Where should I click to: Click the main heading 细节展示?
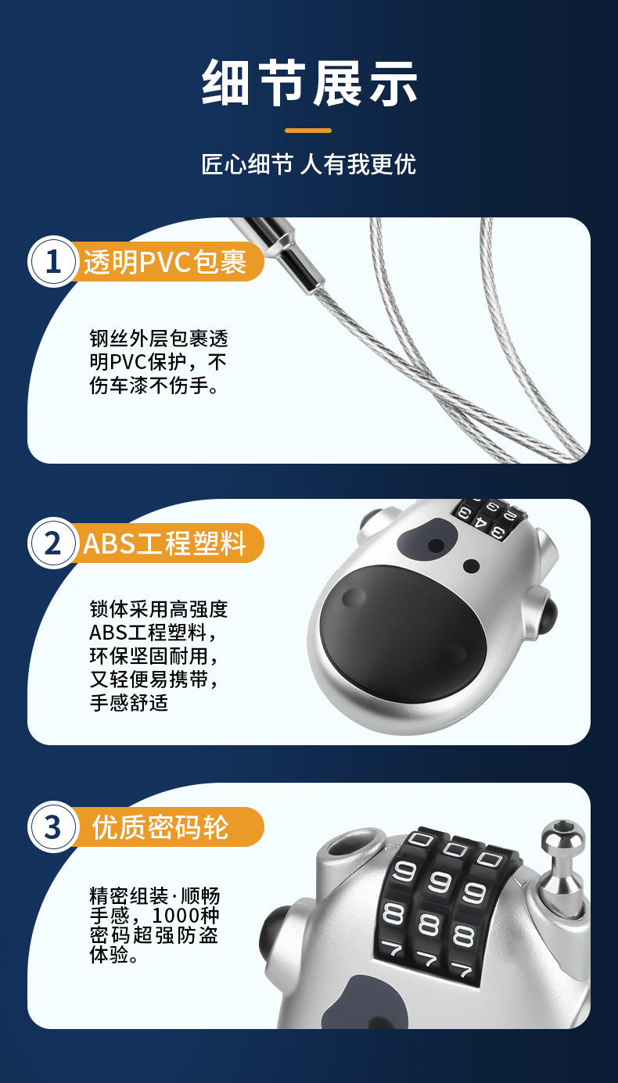(x=310, y=83)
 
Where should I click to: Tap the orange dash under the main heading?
(x=308, y=131)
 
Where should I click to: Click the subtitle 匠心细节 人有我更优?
(x=308, y=164)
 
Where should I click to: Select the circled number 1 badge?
(x=52, y=262)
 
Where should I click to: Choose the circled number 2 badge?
(x=52, y=543)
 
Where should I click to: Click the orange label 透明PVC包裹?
(x=165, y=262)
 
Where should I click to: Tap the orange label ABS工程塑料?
(x=165, y=543)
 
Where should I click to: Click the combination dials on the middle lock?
(x=488, y=518)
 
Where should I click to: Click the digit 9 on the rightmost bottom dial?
(x=474, y=892)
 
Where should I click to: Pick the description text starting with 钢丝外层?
(x=159, y=362)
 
